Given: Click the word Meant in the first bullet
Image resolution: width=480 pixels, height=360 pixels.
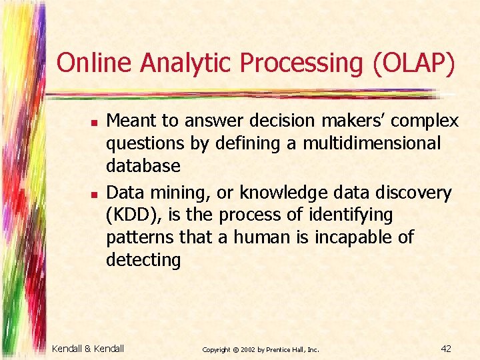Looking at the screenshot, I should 128,121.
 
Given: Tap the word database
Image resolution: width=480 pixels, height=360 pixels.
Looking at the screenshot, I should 143,166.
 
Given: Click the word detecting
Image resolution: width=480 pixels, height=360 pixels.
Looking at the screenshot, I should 143,260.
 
